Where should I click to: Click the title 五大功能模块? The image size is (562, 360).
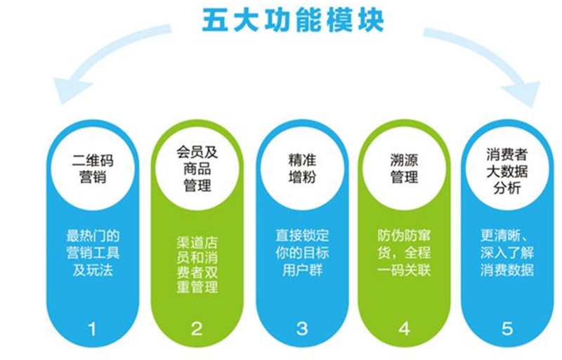click(x=293, y=20)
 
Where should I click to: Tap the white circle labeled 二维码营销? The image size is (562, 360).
click(x=93, y=169)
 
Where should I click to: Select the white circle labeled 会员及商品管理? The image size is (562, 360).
click(x=197, y=169)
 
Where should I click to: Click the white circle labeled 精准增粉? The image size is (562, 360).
click(x=302, y=169)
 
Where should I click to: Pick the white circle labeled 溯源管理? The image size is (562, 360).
click(x=404, y=169)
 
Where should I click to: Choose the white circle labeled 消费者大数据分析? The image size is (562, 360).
click(x=507, y=169)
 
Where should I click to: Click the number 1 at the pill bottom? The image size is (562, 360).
click(x=92, y=329)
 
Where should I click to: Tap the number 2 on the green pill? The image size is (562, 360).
click(x=197, y=329)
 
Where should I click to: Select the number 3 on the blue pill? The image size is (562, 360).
click(x=302, y=329)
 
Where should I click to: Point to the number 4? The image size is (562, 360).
click(x=405, y=329)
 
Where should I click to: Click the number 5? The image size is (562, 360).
click(x=507, y=329)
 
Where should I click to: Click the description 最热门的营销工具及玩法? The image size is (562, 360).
click(x=93, y=253)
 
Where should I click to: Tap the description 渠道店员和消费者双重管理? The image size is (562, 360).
click(x=197, y=265)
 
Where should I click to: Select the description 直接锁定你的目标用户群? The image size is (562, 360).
click(x=302, y=253)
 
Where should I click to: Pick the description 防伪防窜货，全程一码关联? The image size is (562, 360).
click(x=404, y=253)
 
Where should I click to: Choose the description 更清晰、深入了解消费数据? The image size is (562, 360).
click(x=507, y=253)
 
